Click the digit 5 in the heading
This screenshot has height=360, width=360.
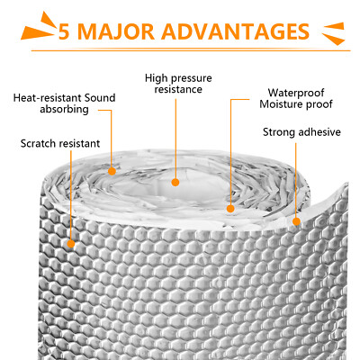[64, 31]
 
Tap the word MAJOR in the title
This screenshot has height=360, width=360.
[116, 31]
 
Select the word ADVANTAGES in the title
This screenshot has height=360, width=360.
[236, 31]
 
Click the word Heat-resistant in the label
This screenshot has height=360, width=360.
[48, 98]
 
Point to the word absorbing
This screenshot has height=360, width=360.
[64, 109]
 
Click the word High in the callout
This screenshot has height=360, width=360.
[156, 78]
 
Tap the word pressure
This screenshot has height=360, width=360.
[191, 79]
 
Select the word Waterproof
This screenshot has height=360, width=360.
[296, 93]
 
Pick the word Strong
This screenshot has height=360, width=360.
[278, 132]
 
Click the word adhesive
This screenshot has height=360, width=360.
[318, 132]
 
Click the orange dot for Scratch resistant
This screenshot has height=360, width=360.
[71, 244]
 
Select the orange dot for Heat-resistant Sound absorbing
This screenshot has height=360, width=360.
[112, 171]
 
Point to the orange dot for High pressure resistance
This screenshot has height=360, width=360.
[175, 182]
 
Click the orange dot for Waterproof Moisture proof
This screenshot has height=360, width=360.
[230, 209]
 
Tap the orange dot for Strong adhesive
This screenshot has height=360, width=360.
[296, 221]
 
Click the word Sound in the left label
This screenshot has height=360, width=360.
[100, 98]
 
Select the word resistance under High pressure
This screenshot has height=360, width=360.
[178, 89]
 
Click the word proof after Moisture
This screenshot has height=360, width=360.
[319, 105]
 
